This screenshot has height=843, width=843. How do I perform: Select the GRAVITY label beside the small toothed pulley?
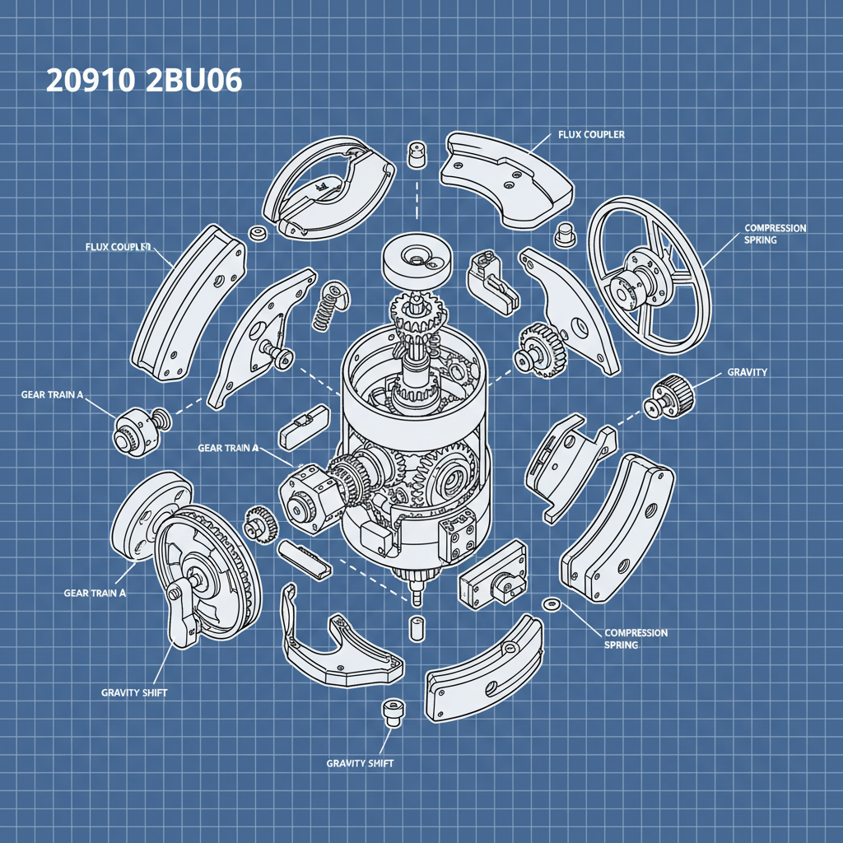click(747, 373)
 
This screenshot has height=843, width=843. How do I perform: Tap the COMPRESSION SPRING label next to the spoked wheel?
click(775, 234)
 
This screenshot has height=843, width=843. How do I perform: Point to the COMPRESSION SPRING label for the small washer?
click(636, 639)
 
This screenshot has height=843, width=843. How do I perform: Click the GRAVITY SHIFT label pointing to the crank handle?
click(134, 692)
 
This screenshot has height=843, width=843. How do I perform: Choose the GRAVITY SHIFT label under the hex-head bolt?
click(360, 763)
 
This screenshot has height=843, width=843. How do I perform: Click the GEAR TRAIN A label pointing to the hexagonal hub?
click(228, 448)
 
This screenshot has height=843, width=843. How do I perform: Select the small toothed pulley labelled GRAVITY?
click(669, 395)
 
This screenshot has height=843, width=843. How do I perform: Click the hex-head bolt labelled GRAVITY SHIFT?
click(389, 713)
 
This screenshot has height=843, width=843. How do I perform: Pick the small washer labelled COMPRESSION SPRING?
click(550, 606)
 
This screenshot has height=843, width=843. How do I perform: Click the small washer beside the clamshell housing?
click(257, 233)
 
